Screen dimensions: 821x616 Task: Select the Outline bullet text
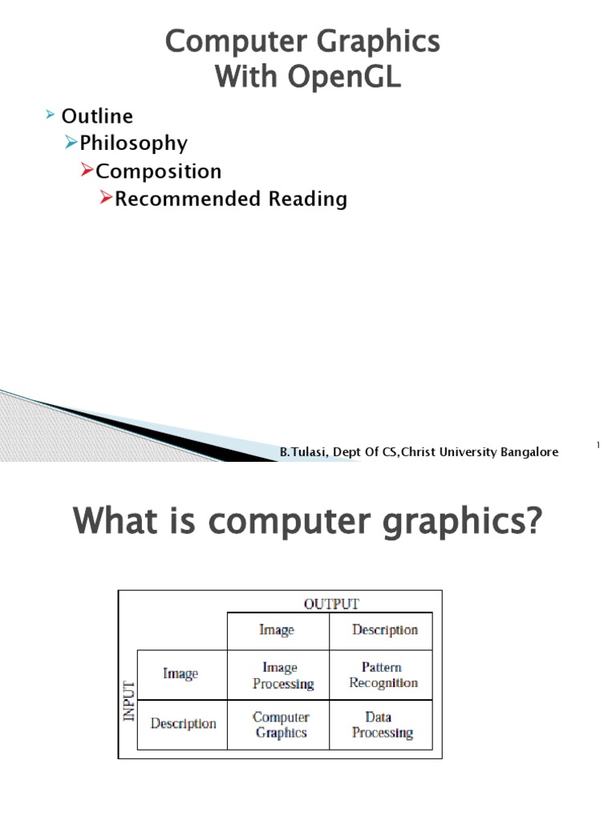click(x=97, y=115)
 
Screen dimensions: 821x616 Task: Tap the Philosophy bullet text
click(x=134, y=144)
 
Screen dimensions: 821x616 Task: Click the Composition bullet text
click(x=159, y=172)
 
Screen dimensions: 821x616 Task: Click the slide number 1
click(x=598, y=444)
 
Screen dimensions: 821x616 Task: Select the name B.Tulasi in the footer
click(x=298, y=453)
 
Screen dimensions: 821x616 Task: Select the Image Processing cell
click(x=279, y=675)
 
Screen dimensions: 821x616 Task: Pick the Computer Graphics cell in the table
click(x=281, y=725)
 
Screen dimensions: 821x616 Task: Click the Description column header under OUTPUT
click(x=385, y=630)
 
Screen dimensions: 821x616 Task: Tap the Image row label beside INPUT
click(x=180, y=674)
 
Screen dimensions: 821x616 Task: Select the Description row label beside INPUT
click(x=183, y=724)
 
